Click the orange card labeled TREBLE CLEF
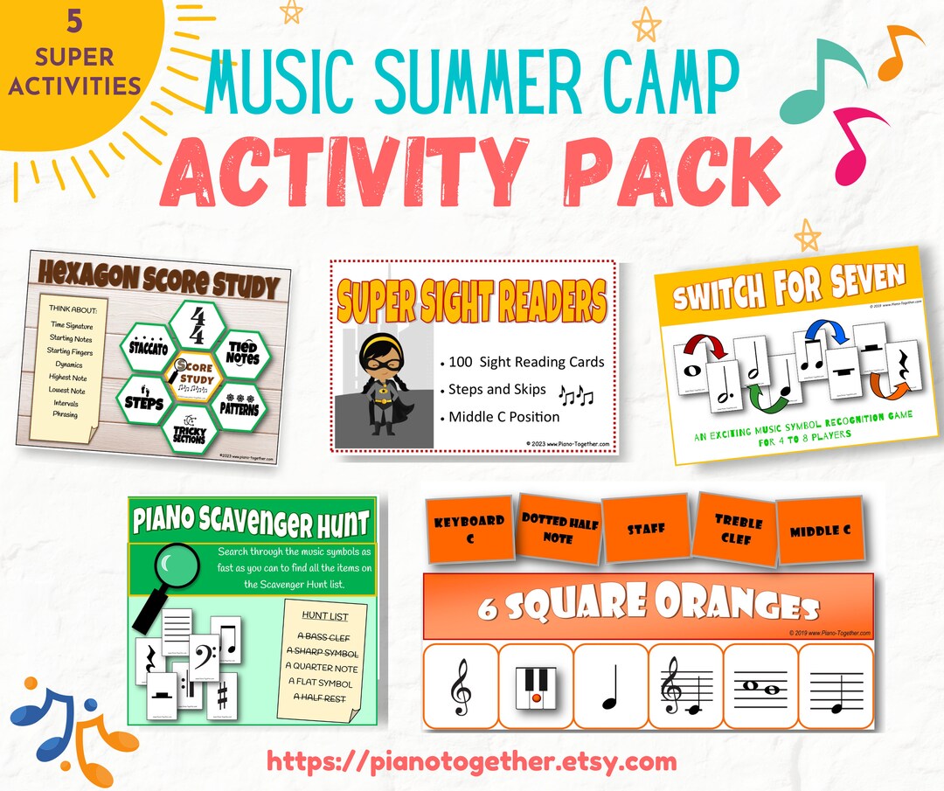pyautogui.click(x=738, y=527)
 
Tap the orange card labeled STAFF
pyautogui.click(x=647, y=528)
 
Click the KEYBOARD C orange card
pyautogui.click(x=469, y=529)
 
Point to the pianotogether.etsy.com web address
pyautogui.click(x=472, y=762)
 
